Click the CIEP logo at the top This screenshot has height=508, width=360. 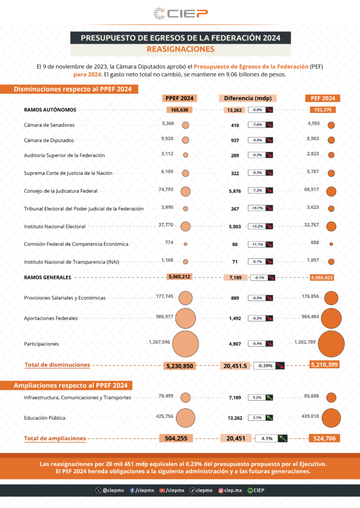point(180,13)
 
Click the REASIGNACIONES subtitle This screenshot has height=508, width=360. point(180,49)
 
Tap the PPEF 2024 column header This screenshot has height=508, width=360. point(179,98)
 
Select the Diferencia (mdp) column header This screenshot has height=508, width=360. point(247,98)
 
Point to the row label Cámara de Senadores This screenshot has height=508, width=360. point(49,125)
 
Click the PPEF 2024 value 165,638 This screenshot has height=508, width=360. point(179,110)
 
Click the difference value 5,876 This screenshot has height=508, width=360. point(235,191)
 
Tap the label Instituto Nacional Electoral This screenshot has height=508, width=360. point(55,226)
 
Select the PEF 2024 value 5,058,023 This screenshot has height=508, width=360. point(322,278)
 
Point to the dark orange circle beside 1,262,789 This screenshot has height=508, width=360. point(331,343)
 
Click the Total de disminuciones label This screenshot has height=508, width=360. point(58,365)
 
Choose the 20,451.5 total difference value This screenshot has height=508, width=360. point(235,366)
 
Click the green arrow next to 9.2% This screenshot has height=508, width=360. point(269,397)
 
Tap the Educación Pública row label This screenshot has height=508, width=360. point(45,418)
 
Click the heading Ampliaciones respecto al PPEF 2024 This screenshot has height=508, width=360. point(70,385)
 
